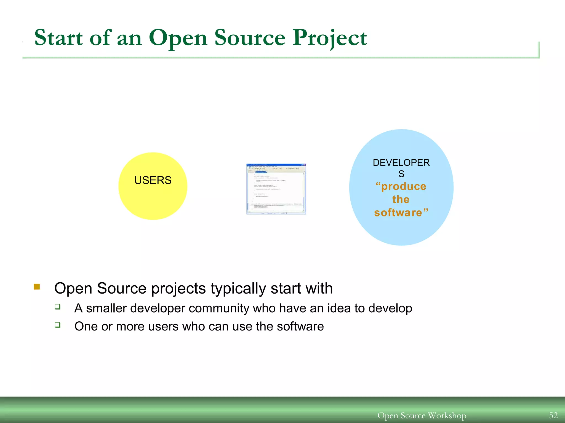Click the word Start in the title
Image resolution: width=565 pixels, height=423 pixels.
pyautogui.click(x=58, y=38)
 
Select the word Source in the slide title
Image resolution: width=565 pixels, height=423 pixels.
pyautogui.click(x=250, y=38)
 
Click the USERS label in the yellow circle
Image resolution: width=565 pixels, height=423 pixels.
pyautogui.click(x=153, y=180)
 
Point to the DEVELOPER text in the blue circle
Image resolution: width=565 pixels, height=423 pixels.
pyautogui.click(x=401, y=163)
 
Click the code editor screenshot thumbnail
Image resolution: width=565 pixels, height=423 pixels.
pyautogui.click(x=276, y=189)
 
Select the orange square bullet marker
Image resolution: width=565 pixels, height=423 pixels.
pyautogui.click(x=37, y=287)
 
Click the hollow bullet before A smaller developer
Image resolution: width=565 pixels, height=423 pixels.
pyautogui.click(x=57, y=307)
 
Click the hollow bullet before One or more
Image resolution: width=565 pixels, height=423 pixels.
pyautogui.click(x=57, y=325)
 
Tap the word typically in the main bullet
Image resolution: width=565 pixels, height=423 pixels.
pyautogui.click(x=238, y=289)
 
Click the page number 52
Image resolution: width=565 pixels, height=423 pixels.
pyautogui.click(x=553, y=415)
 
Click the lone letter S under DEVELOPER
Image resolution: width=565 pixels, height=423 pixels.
pyautogui.click(x=401, y=174)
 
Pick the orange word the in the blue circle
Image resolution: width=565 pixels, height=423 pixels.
pyautogui.click(x=401, y=199)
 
